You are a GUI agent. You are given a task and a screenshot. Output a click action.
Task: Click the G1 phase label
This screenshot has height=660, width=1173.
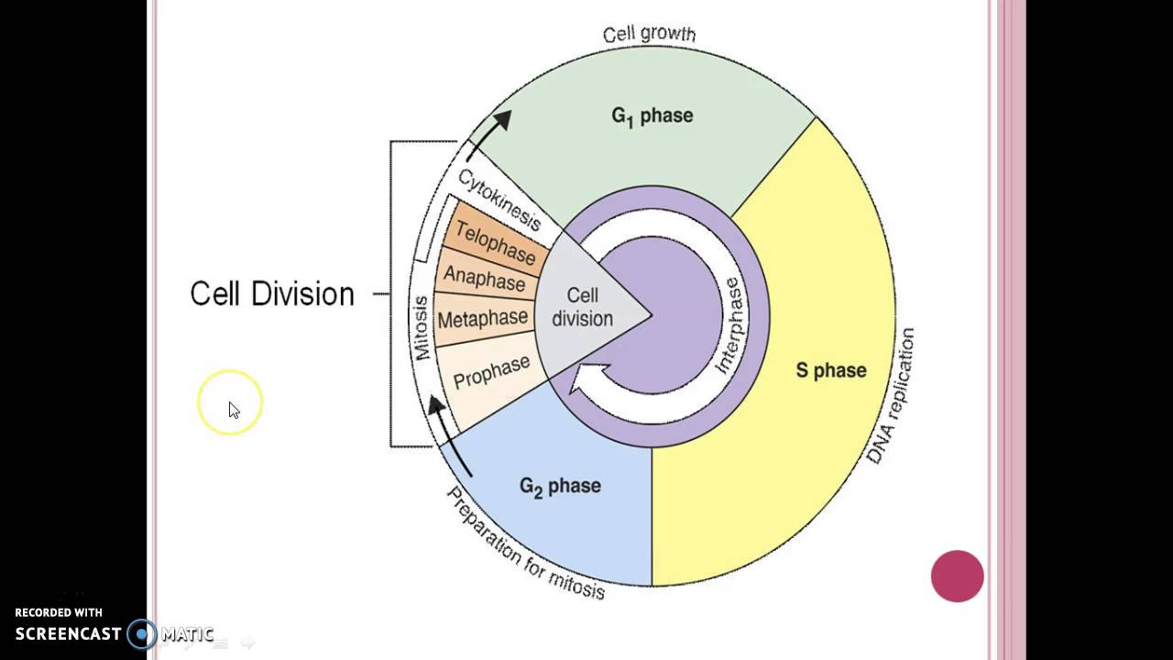point(652,116)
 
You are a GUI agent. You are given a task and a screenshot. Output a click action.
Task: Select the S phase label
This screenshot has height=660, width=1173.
point(830,370)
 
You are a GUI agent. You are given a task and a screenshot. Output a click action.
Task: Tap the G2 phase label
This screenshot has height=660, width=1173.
point(560,486)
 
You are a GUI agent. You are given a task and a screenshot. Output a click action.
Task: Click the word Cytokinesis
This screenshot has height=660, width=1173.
point(499,198)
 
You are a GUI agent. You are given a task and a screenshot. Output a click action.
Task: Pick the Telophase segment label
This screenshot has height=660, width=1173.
point(495,242)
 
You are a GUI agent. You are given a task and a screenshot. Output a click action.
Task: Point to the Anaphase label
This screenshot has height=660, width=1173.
point(484,279)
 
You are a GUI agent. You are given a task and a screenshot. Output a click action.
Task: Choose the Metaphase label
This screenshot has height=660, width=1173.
point(483,319)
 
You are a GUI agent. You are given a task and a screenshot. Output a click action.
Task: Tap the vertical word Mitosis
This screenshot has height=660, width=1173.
point(421,327)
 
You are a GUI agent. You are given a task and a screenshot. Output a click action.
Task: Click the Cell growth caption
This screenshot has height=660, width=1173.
point(649,35)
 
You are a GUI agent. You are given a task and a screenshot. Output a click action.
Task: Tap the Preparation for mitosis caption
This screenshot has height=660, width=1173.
point(526,544)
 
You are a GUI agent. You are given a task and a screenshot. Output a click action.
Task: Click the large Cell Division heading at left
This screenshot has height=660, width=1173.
point(271,294)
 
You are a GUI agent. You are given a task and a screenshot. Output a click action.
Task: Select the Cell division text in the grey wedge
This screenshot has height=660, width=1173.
point(582,307)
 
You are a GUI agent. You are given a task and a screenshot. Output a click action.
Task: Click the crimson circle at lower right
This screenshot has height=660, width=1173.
point(957,576)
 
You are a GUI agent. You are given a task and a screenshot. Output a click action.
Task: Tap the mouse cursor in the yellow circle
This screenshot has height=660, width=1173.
point(233,409)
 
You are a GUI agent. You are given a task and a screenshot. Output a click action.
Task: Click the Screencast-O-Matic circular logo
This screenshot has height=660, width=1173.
point(142,633)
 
